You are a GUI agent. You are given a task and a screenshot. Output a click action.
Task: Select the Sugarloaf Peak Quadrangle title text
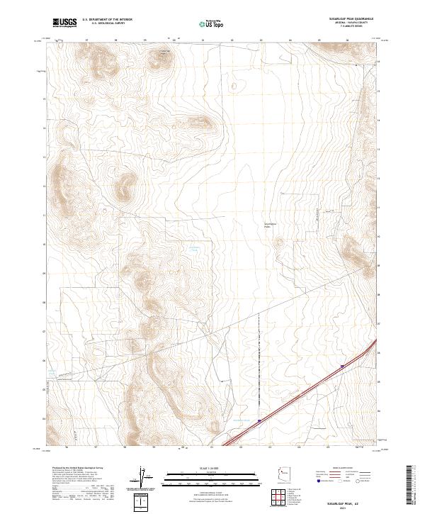tap(345, 18)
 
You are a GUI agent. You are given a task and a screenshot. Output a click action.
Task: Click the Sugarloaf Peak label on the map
tap(164, 51)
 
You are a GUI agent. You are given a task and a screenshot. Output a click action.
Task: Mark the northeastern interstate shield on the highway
tap(342, 367)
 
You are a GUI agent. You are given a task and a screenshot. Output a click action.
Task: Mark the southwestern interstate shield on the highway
tap(260, 421)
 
